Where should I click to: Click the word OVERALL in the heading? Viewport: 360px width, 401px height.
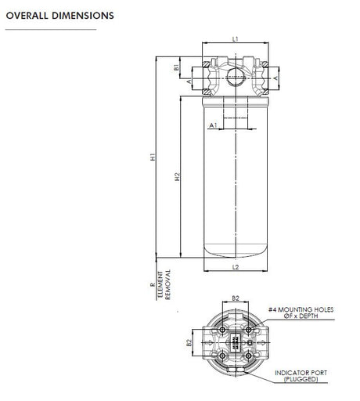pos(27,16)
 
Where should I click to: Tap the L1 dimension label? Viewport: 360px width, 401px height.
pos(236,38)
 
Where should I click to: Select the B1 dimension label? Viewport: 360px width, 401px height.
pos(177,67)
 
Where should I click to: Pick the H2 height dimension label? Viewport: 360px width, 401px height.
pos(178,177)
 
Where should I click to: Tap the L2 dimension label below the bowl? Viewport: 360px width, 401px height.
pos(236,267)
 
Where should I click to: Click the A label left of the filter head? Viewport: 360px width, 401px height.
pos(189,81)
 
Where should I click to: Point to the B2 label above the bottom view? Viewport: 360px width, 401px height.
pos(236,298)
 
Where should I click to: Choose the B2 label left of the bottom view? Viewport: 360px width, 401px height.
pos(188,342)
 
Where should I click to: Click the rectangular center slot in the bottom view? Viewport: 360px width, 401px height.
pos(236,342)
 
